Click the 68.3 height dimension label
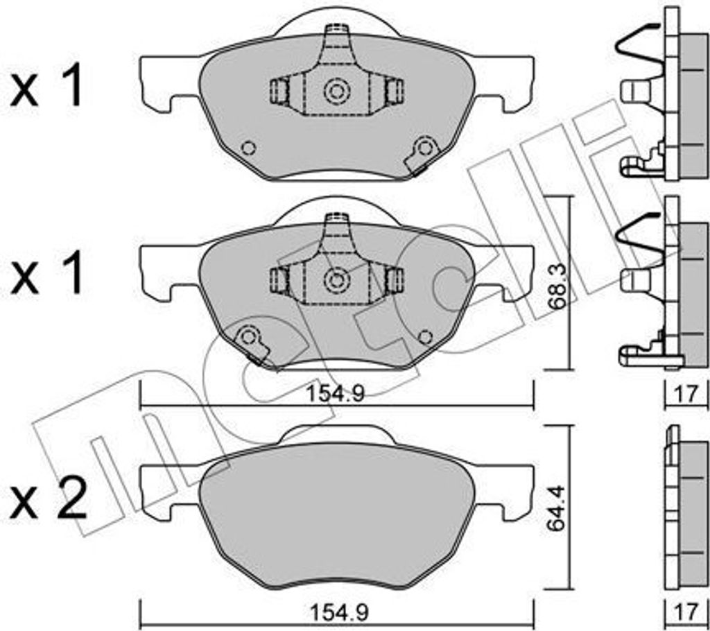coord(557,287)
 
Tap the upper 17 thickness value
coord(686,394)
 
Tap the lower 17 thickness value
coord(686,613)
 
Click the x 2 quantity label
coord(49,499)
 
